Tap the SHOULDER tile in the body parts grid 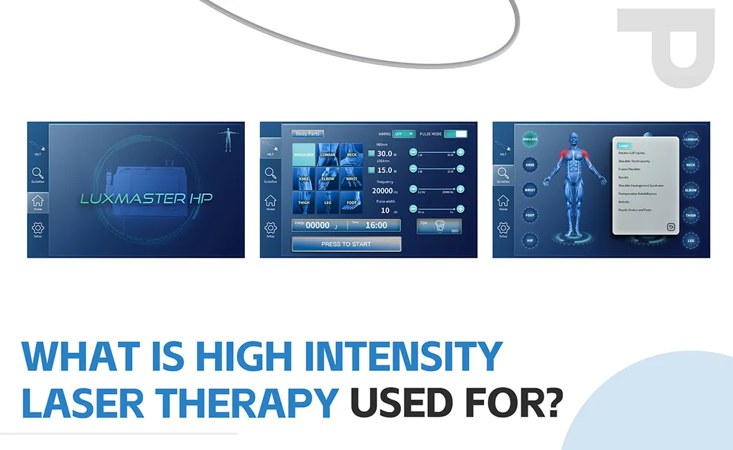[x=304, y=155]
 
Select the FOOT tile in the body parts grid [x=351, y=201]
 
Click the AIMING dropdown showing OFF [x=404, y=134]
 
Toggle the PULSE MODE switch [x=456, y=134]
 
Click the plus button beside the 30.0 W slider [x=460, y=152]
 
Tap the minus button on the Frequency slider [x=413, y=188]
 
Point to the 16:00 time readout [x=376, y=225]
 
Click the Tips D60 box [x=438, y=226]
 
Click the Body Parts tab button [x=308, y=134]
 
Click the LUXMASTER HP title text [x=146, y=198]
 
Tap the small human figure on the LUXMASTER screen [x=228, y=138]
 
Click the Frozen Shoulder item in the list [x=629, y=169]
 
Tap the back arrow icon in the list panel [x=670, y=226]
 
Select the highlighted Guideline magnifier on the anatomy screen [x=503, y=174]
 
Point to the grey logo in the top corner [x=665, y=47]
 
